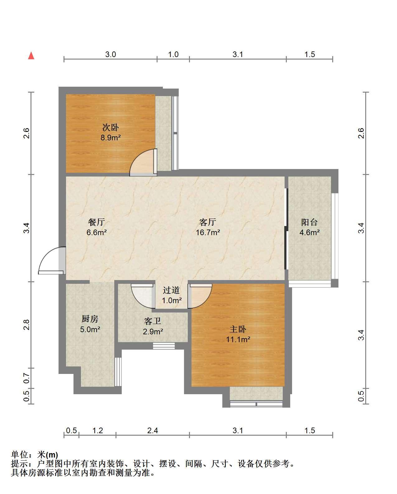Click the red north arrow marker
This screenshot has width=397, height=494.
tap(31, 56)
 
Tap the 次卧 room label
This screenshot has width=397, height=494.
tap(111, 127)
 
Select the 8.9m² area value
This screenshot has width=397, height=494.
tap(111, 138)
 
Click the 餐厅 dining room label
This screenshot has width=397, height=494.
tap(97, 222)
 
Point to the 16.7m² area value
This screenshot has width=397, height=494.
tap(208, 232)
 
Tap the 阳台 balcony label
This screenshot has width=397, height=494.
tap(310, 222)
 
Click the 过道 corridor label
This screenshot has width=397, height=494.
tap(171, 290)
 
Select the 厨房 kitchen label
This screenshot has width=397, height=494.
tap(90, 319)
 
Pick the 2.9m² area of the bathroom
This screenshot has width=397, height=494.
tap(153, 332)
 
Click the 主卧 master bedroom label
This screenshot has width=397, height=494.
tap(238, 329)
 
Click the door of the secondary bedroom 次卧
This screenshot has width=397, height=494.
tap(143, 162)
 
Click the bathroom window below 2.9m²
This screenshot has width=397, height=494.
tap(164, 346)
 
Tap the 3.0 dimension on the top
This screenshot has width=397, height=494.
tap(111, 54)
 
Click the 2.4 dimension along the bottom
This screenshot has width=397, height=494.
tap(153, 431)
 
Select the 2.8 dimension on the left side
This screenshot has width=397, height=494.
tap(26, 325)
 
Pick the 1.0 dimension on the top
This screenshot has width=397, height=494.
tap(173, 54)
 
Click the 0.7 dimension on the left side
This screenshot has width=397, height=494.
tap(26, 378)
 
